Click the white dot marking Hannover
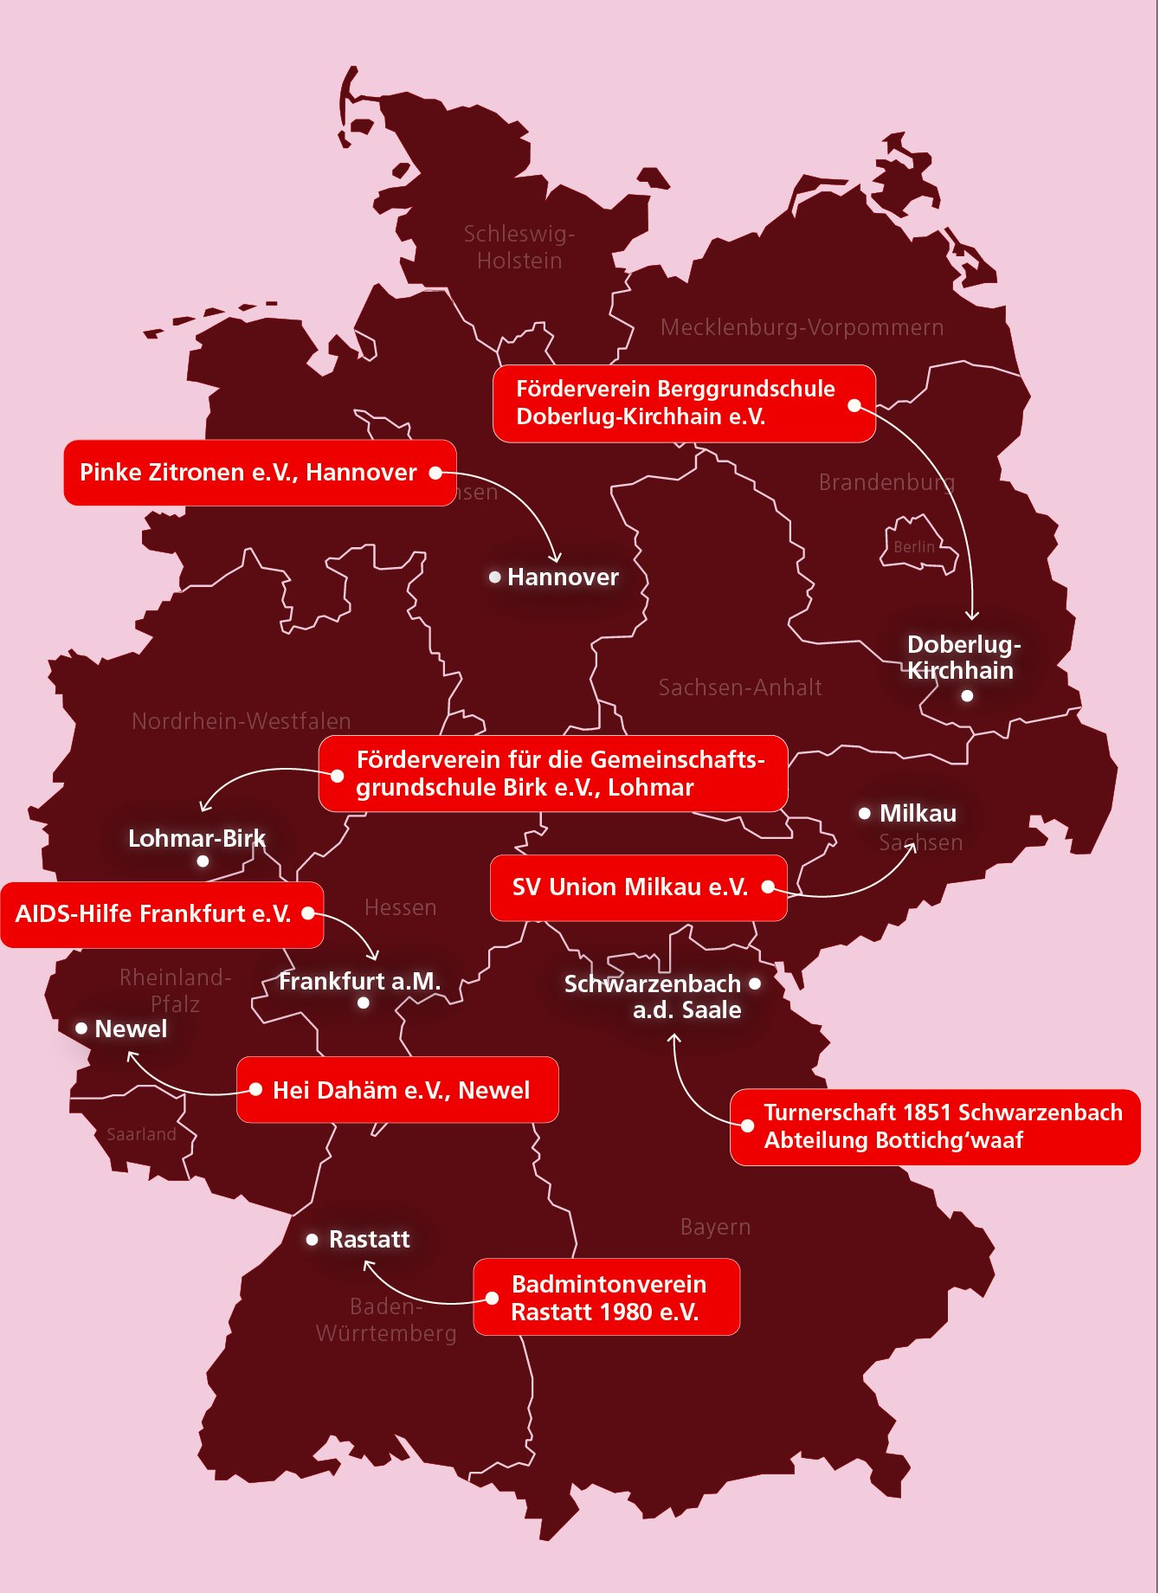(x=495, y=577)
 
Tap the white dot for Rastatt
(x=313, y=1240)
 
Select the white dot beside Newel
(x=81, y=1029)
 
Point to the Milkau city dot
(x=864, y=813)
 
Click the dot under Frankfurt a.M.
(x=364, y=1003)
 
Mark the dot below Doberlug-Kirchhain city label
(x=967, y=695)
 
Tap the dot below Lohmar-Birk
(x=203, y=861)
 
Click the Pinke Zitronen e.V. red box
(x=260, y=473)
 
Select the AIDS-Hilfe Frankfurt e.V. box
(x=162, y=914)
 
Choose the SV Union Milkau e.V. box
(x=638, y=887)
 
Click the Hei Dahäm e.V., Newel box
(x=397, y=1090)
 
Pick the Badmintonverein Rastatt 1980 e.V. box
(x=606, y=1297)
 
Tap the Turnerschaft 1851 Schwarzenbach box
(x=935, y=1126)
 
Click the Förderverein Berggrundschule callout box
(x=684, y=403)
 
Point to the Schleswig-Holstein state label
(x=519, y=248)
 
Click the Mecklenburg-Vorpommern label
(x=802, y=328)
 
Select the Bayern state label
(x=715, y=1227)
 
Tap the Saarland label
(x=141, y=1134)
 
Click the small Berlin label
(x=914, y=547)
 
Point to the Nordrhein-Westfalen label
(x=242, y=721)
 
